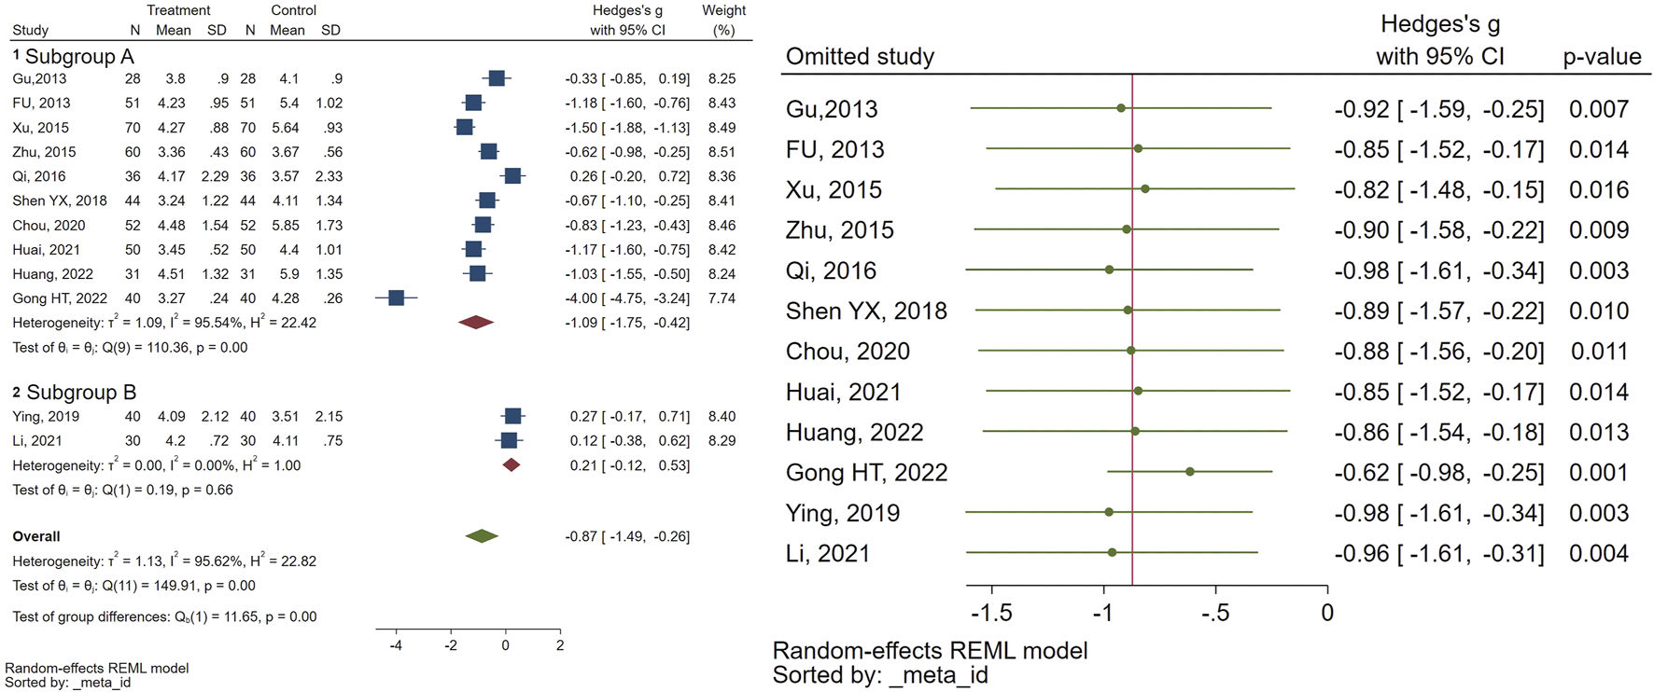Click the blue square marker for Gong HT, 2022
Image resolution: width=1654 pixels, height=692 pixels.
(x=396, y=298)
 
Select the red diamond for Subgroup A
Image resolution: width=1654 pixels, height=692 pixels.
(x=476, y=323)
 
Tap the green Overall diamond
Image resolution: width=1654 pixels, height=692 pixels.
(x=482, y=536)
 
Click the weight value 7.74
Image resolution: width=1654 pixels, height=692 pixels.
(x=722, y=298)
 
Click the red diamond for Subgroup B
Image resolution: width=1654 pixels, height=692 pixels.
(x=511, y=465)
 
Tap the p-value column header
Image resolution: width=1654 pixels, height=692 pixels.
(x=1602, y=57)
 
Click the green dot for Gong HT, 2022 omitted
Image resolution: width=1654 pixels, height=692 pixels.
(x=1190, y=472)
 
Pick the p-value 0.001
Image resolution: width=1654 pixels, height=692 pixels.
(x=1599, y=473)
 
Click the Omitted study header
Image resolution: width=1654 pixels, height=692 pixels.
(x=860, y=57)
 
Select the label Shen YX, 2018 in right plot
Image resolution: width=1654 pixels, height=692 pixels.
(x=866, y=311)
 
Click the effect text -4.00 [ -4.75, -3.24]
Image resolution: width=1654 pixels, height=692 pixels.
(x=627, y=298)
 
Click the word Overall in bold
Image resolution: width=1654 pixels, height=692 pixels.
(x=36, y=536)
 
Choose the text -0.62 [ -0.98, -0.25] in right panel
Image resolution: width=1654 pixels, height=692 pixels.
(x=1438, y=473)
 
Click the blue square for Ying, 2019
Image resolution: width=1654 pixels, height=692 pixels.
(x=512, y=416)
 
